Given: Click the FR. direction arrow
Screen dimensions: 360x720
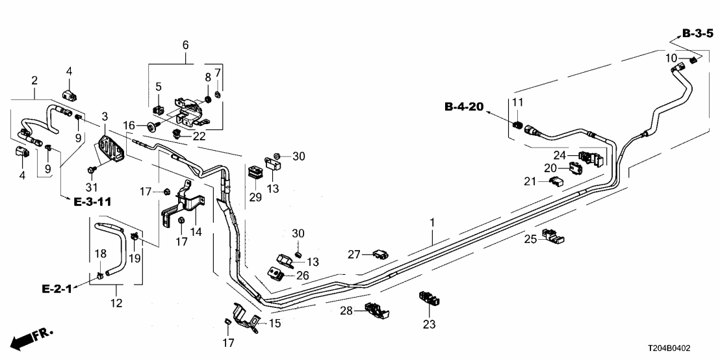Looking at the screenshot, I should (32, 338).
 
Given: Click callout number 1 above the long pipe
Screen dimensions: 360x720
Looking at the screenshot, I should (431, 223).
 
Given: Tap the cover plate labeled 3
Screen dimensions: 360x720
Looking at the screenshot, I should (110, 148).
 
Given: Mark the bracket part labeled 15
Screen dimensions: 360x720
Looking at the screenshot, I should (246, 318).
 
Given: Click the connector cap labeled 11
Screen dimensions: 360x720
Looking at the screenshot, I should (518, 123).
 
